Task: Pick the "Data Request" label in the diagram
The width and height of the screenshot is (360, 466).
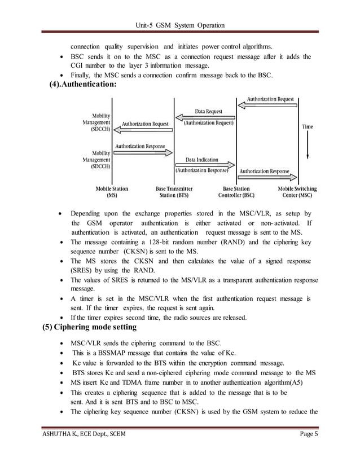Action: click(x=208, y=111)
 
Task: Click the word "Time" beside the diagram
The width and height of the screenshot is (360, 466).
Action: click(x=308, y=127)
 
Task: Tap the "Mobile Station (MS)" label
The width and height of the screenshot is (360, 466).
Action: click(x=112, y=192)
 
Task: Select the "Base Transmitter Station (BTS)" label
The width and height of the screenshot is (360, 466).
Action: click(x=174, y=192)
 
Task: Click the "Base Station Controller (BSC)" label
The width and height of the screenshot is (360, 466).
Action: click(x=238, y=192)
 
